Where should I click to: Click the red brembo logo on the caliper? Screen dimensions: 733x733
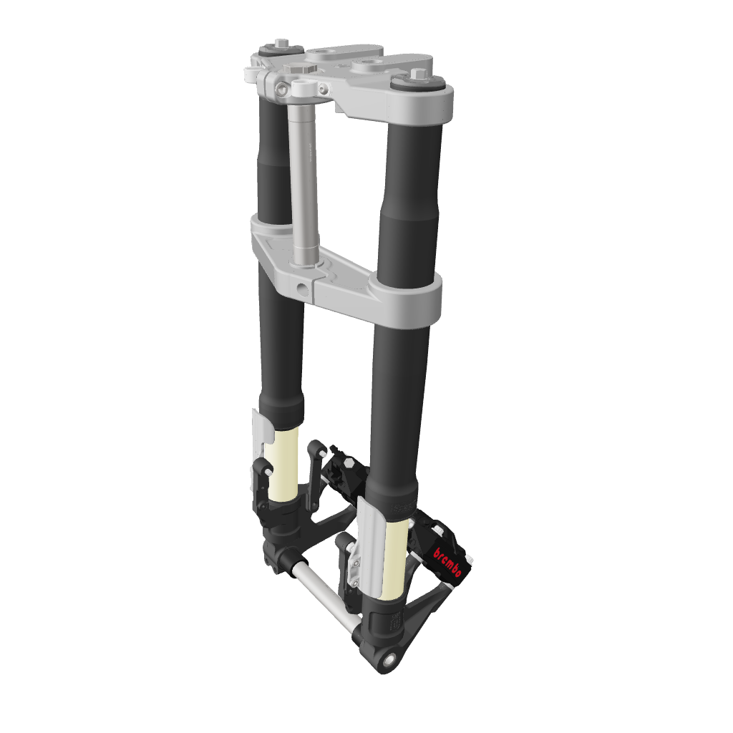click(x=448, y=564)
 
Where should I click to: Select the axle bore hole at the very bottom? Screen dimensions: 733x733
click(x=389, y=659)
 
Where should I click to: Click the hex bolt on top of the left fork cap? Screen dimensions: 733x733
click(x=282, y=43)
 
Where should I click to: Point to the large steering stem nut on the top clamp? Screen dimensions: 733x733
click(x=300, y=68)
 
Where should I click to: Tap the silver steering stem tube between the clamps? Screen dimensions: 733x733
click(x=304, y=179)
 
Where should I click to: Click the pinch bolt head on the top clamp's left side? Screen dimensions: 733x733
click(x=282, y=89)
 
